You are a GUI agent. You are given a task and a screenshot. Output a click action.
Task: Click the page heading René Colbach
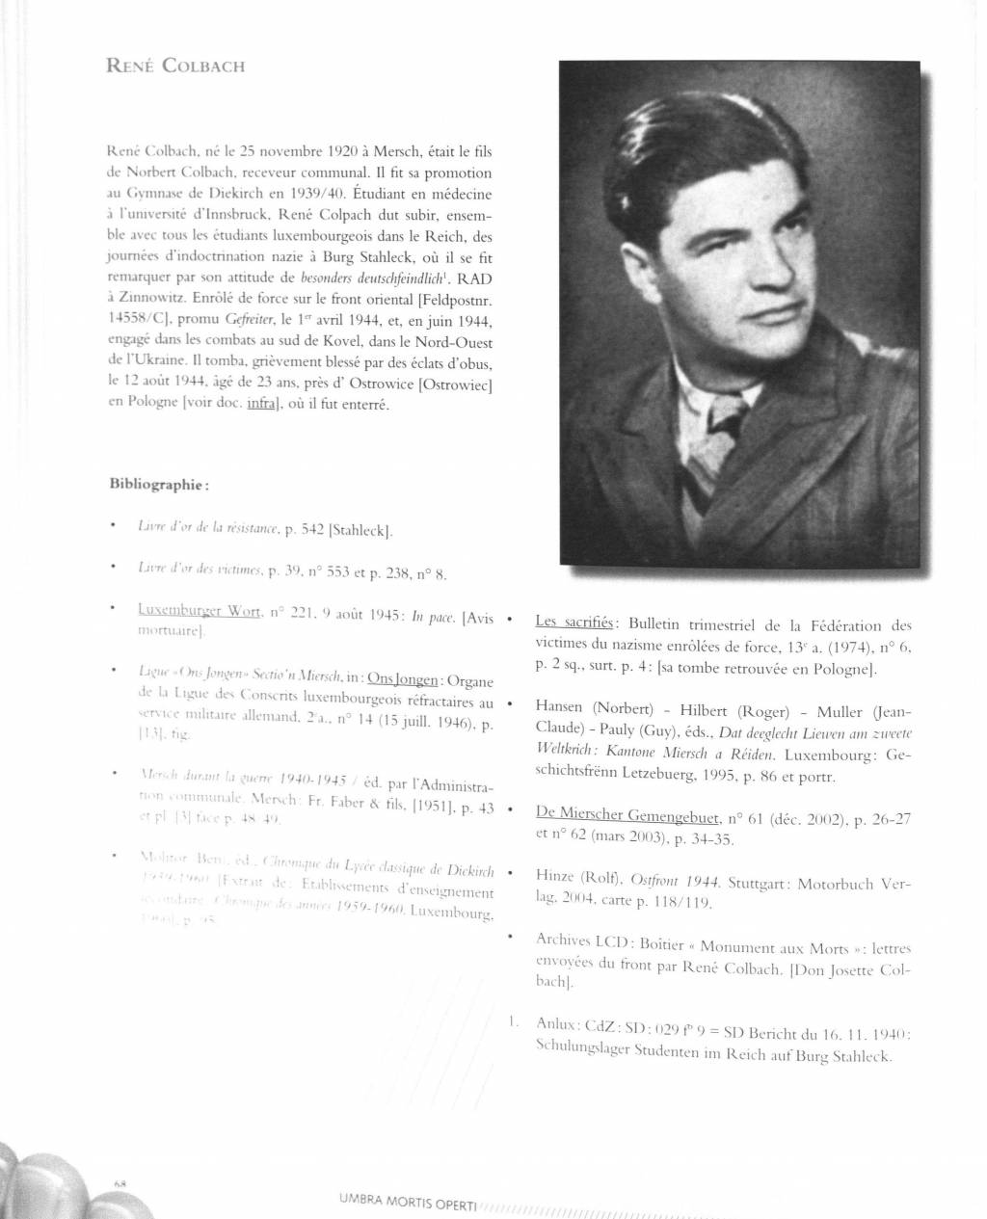point(176,66)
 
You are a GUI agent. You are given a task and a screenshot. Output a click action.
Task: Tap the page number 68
point(120,1182)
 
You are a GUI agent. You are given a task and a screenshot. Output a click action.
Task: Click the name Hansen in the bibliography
point(559,707)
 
